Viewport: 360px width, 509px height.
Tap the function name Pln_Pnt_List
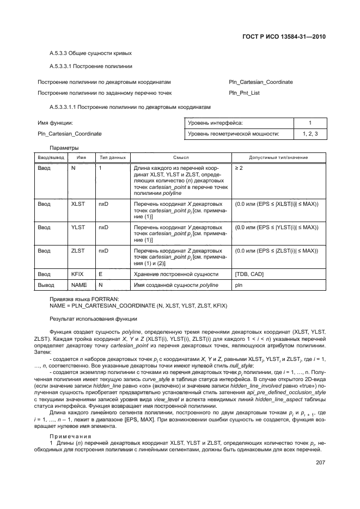tap(245, 93)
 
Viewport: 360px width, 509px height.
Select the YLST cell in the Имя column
tap(78, 227)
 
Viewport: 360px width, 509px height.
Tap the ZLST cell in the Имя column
tap(78, 251)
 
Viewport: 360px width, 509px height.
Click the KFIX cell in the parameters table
tap(78, 274)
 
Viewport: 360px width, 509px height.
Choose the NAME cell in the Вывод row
tap(80, 285)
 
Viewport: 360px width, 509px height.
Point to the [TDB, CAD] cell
tap(249, 274)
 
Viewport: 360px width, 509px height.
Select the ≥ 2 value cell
tap(240, 168)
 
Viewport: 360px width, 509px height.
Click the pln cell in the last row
tap(239, 285)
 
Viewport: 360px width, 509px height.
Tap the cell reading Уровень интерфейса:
tap(215, 123)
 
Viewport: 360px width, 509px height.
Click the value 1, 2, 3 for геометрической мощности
tap(310, 133)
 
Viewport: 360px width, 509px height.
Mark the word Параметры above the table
tap(64, 148)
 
